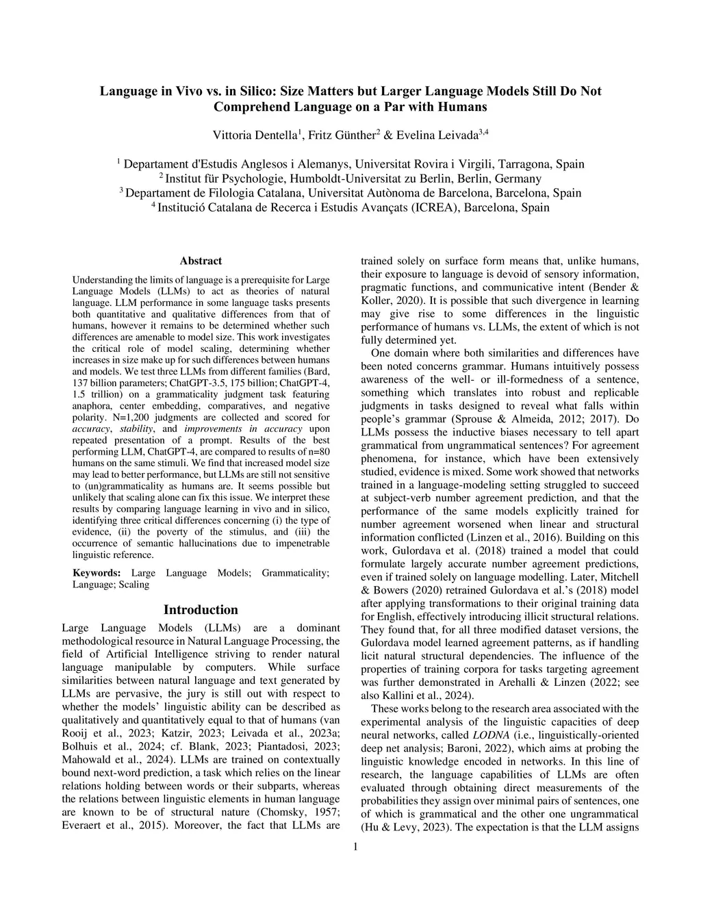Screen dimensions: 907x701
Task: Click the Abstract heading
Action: pyautogui.click(x=201, y=261)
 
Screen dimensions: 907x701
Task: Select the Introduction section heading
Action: pyautogui.click(x=201, y=610)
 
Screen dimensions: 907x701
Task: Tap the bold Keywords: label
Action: pyautogui.click(x=97, y=573)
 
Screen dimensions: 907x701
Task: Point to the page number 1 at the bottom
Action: pyautogui.click(x=355, y=847)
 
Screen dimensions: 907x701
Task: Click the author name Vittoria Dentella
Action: pyautogui.click(x=255, y=135)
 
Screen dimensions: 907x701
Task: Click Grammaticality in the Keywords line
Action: pyautogui.click(x=295, y=573)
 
